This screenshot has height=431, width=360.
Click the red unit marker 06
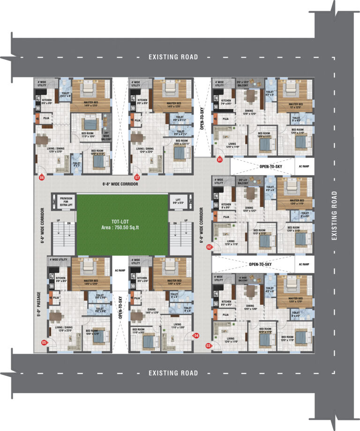(x=42, y=178)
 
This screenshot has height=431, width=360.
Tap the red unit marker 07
(x=137, y=178)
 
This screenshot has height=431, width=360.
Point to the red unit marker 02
(x=209, y=246)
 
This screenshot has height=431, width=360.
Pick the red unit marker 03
(x=209, y=346)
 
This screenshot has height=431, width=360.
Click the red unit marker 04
(x=196, y=335)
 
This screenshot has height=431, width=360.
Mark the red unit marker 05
(x=45, y=343)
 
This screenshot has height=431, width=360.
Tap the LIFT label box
(x=180, y=202)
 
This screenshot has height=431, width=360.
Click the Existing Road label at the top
(x=173, y=57)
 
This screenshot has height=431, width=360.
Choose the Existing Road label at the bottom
(x=173, y=373)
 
